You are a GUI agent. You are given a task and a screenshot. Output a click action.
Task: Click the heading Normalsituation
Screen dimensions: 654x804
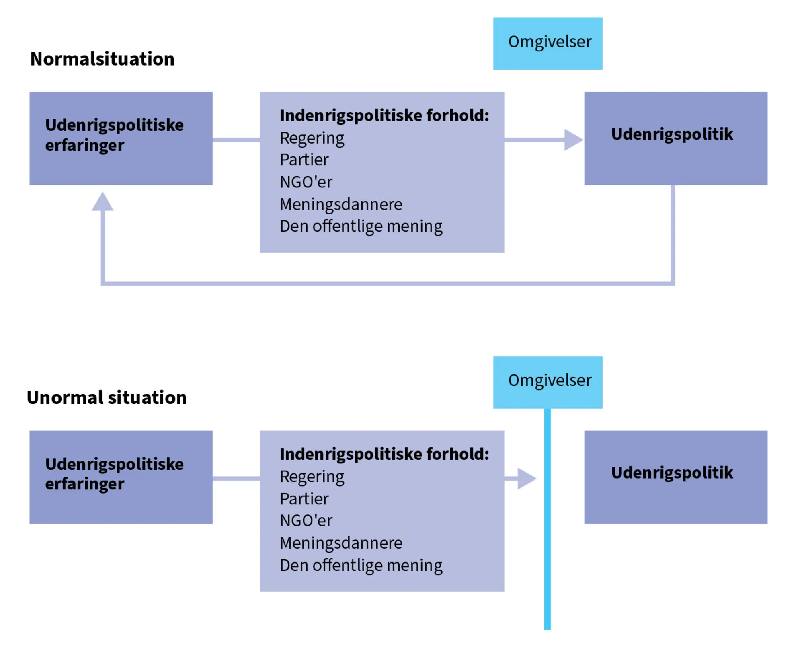coord(102,59)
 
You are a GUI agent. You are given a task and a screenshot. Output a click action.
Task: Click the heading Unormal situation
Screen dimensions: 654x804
coord(107,397)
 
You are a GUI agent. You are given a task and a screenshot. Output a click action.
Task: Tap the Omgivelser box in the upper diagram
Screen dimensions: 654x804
coord(548,43)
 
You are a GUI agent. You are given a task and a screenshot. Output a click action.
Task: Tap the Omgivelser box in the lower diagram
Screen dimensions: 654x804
coord(548,382)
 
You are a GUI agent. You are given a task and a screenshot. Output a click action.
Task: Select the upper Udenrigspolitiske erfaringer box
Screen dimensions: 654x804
coord(121,138)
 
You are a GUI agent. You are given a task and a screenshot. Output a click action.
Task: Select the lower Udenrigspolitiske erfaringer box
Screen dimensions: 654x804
coord(121,477)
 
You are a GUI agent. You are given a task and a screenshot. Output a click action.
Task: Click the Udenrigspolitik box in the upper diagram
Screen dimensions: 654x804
coord(675,138)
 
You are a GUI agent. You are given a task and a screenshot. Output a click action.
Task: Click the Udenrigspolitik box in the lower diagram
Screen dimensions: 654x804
coord(675,477)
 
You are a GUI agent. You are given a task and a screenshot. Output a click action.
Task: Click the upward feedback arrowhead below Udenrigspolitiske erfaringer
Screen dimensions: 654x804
coord(103,202)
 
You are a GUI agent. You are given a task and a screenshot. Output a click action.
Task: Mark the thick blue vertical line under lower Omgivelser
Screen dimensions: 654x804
coord(547,523)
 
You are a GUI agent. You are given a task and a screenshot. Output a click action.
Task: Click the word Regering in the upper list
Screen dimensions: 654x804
coord(312,138)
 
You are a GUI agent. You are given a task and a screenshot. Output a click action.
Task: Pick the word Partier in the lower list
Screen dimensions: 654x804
coord(304,499)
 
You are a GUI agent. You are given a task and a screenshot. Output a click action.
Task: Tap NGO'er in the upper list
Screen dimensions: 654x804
coord(306,182)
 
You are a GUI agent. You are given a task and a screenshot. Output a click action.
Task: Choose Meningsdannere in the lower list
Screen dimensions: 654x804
coord(341,543)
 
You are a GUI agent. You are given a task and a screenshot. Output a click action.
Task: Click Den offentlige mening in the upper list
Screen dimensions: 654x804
coord(361,226)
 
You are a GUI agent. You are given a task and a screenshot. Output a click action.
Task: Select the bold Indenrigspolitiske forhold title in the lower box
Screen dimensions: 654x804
coord(384,454)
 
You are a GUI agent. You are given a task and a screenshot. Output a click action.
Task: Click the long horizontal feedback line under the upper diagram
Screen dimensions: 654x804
coord(386,284)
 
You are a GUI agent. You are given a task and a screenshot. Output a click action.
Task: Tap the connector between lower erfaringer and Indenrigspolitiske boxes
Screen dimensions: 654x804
coord(236,478)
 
